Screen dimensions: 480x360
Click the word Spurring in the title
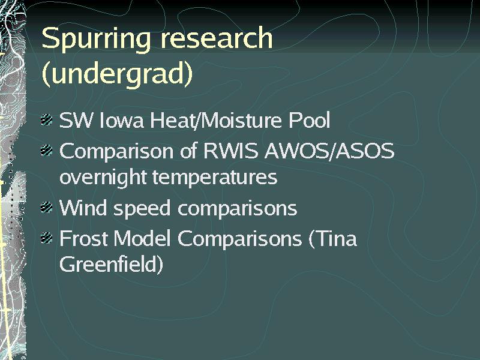[96, 40]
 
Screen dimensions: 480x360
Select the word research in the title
[217, 38]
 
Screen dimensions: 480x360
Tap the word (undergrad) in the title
[117, 74]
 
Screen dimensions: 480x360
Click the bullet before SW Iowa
[47, 119]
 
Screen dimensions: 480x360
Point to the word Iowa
[122, 120]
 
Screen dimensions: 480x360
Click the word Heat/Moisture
[216, 120]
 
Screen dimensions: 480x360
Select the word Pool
[310, 120]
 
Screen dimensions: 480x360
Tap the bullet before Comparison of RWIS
[47, 151]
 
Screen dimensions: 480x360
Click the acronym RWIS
[231, 151]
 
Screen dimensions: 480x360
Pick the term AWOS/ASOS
[329, 151]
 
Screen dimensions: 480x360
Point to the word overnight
[103, 178]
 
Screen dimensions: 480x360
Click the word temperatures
[215, 178]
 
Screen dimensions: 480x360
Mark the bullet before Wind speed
[47, 208]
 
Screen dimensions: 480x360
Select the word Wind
[83, 208]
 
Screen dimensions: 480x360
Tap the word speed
[142, 209]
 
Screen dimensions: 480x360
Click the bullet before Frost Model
[47, 238]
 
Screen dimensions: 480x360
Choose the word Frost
[83, 238]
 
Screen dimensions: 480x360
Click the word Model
[142, 238]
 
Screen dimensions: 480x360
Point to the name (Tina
[333, 239]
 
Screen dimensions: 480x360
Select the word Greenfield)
[111, 265]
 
